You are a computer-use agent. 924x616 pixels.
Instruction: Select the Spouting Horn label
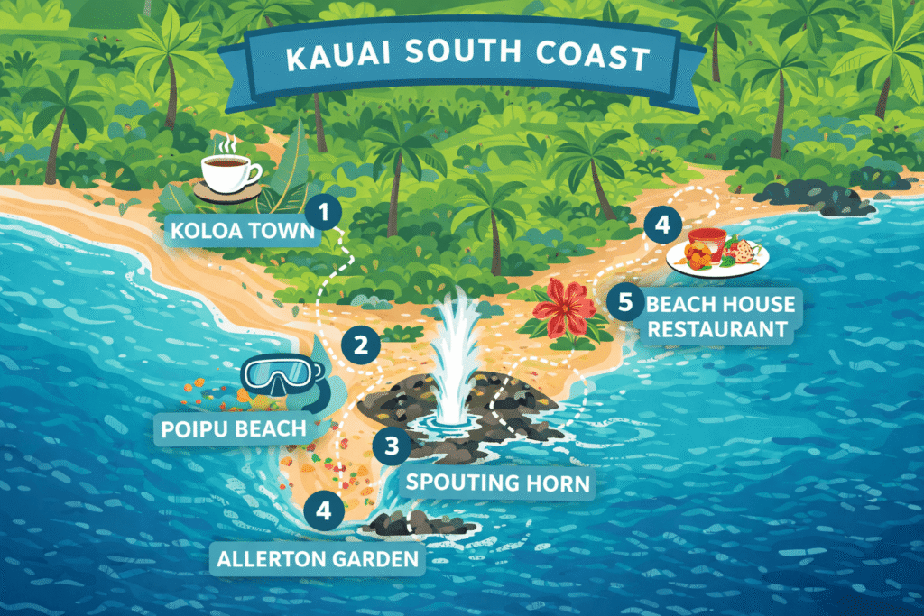(x=497, y=482)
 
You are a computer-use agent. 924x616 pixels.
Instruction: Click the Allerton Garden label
(x=319, y=558)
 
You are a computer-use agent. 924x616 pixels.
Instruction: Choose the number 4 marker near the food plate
(x=662, y=225)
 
